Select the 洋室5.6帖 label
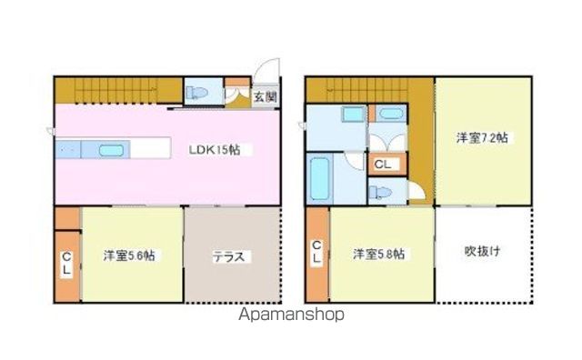[128, 256]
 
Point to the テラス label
[228, 256]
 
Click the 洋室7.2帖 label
[482, 138]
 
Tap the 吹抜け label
[482, 251]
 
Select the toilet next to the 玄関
[197, 91]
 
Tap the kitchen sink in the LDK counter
[110, 150]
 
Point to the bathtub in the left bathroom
[319, 179]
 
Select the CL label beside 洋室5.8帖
[316, 253]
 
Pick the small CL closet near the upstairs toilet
[384, 165]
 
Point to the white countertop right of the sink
[151, 148]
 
